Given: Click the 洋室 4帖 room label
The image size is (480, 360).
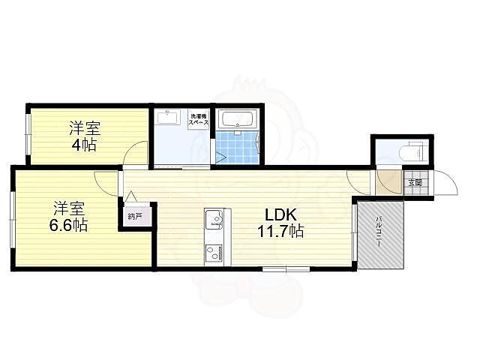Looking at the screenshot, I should click(x=83, y=136).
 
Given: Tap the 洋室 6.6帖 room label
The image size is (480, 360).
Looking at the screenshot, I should click(x=70, y=215).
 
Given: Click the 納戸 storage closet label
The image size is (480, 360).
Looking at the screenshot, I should click(x=136, y=217).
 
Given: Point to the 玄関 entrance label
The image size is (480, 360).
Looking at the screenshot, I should click(x=415, y=182).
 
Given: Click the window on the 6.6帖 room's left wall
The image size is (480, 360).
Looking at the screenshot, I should click(x=12, y=219).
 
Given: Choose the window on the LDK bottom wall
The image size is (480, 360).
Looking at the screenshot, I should click(x=286, y=268).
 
